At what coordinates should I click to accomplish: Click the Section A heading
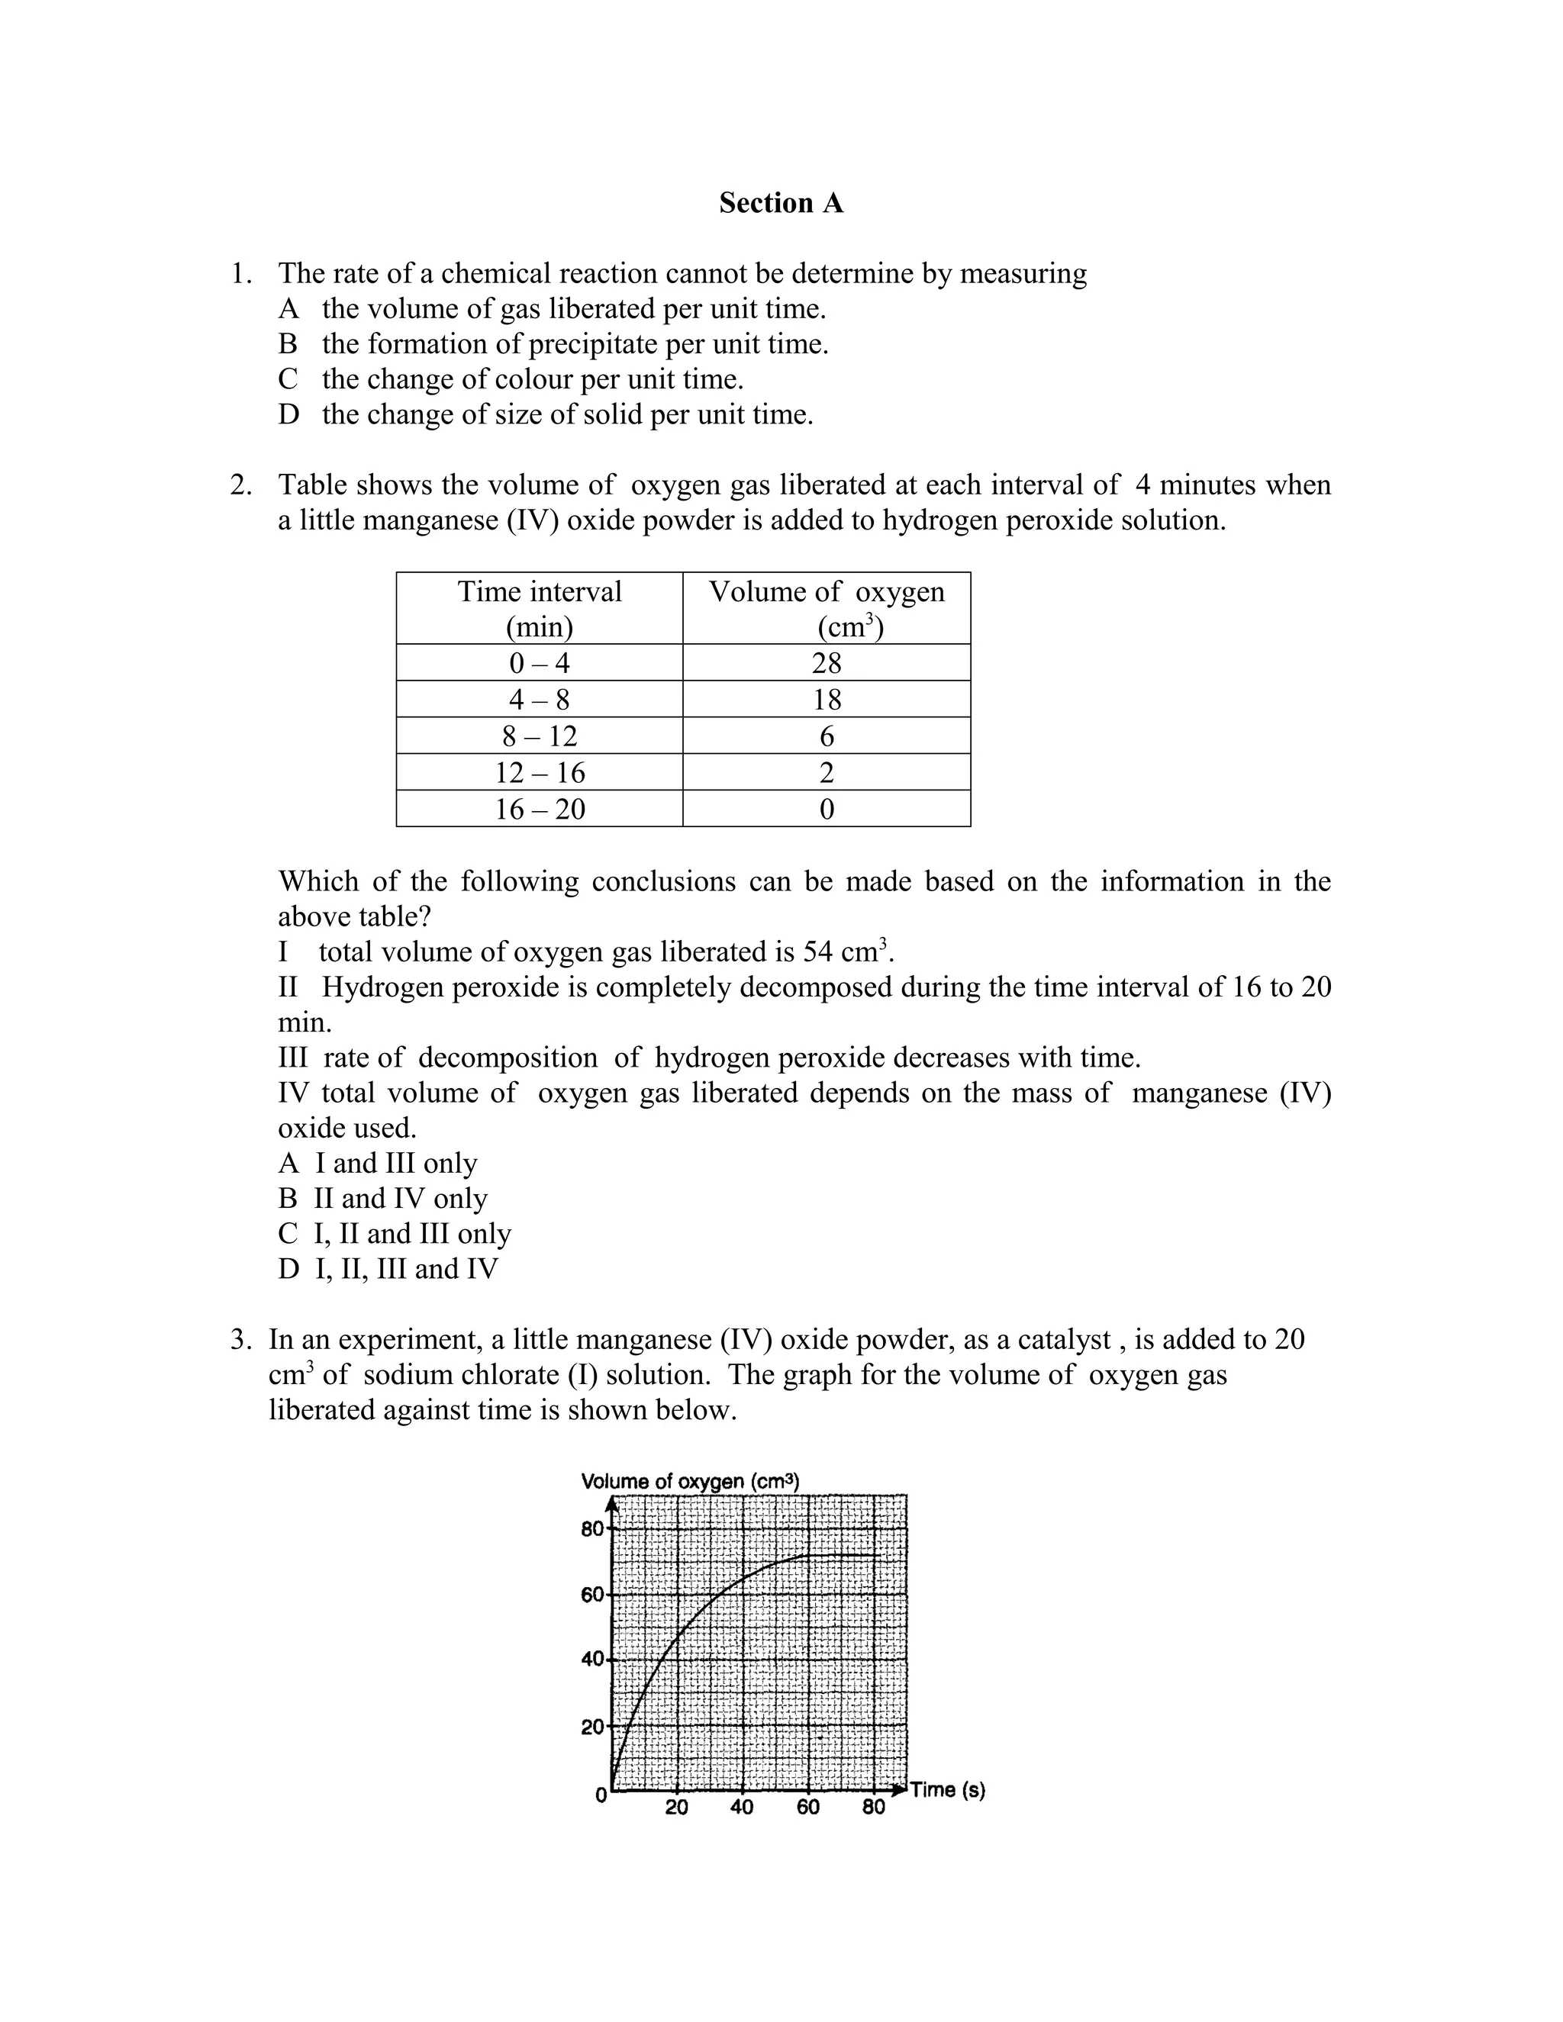click(x=781, y=203)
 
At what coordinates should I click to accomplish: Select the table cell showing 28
click(x=826, y=663)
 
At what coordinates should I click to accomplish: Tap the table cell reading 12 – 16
click(x=540, y=772)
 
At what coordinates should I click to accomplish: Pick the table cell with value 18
click(x=826, y=699)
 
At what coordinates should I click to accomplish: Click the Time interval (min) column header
click(x=540, y=608)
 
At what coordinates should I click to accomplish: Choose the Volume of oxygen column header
click(x=826, y=608)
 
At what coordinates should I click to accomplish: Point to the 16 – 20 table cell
click(x=540, y=809)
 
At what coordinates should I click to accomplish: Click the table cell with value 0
click(x=826, y=809)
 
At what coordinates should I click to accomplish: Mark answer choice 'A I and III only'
click(x=378, y=1163)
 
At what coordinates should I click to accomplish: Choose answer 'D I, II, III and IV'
click(x=388, y=1268)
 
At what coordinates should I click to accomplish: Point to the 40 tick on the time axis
click(x=742, y=1807)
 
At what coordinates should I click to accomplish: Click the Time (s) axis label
click(x=947, y=1789)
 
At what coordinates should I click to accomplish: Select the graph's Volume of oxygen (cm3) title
click(x=690, y=1481)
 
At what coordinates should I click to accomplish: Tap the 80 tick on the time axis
click(x=873, y=1807)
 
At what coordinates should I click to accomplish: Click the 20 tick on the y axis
click(x=592, y=1727)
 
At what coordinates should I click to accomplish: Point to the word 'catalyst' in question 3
click(x=1064, y=1340)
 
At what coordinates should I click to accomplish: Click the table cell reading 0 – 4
click(x=540, y=663)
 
